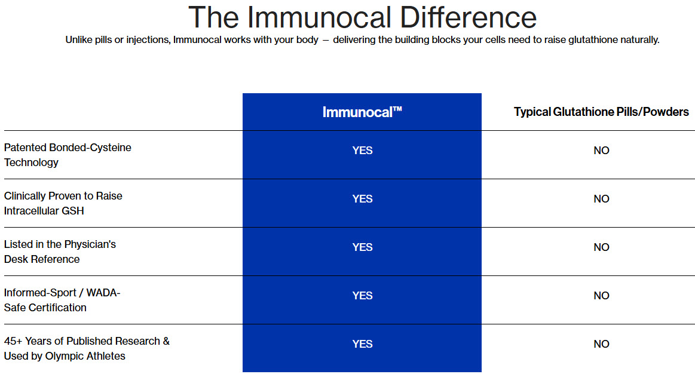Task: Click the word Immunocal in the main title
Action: click(319, 17)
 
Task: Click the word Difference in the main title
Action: click(468, 17)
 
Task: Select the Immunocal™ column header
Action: click(362, 112)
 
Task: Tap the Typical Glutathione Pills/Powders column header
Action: click(601, 112)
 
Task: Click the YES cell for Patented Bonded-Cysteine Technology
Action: click(362, 150)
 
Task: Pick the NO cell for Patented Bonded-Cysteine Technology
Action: click(601, 150)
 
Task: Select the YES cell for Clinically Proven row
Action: click(362, 198)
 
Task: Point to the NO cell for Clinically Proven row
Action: click(601, 198)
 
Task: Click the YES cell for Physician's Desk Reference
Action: click(362, 247)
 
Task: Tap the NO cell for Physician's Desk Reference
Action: click(601, 247)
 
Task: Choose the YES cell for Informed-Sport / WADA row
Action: click(362, 295)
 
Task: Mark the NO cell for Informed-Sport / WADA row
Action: click(601, 295)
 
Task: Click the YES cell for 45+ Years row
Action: click(362, 344)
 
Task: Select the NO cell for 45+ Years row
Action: click(601, 344)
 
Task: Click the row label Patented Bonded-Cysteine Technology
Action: click(68, 155)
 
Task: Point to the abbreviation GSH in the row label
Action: click(73, 210)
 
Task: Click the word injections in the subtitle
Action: click(148, 40)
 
